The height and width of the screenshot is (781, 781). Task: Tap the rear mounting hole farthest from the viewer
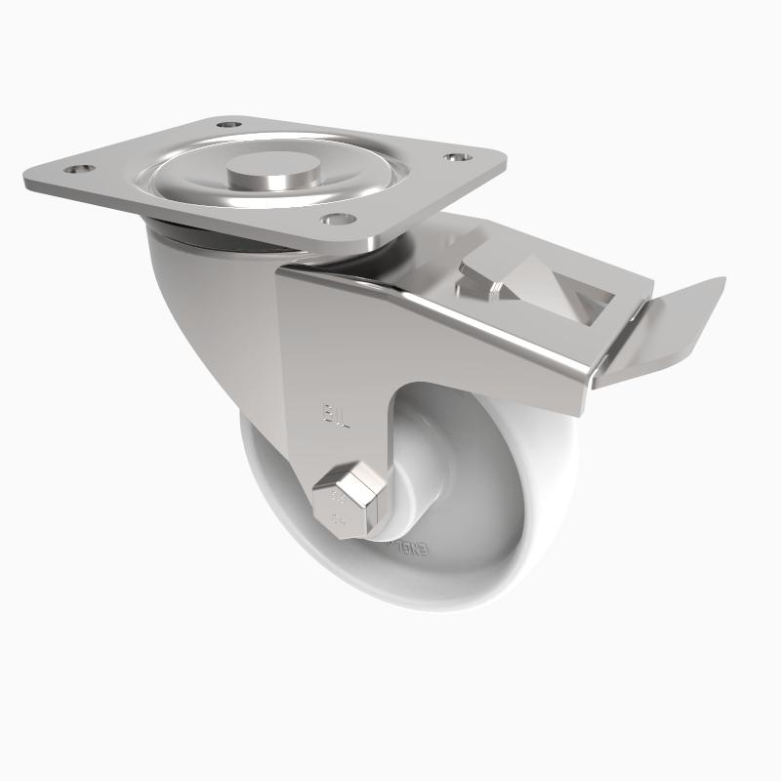click(229, 126)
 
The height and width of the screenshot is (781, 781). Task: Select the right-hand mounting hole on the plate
click(455, 157)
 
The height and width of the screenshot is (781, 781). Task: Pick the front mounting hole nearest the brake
click(335, 220)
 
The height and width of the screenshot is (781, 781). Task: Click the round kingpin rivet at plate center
click(265, 179)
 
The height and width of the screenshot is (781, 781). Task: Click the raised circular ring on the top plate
click(195, 185)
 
